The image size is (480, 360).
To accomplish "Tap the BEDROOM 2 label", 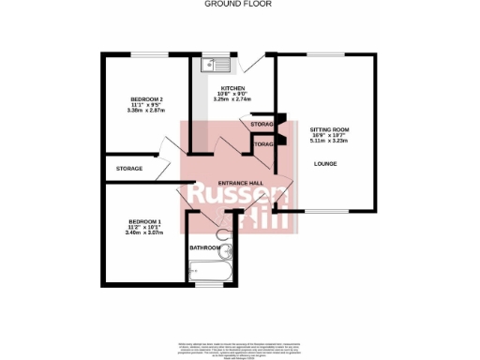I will pos(147,98).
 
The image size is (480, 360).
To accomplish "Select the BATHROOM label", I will pos(204,247).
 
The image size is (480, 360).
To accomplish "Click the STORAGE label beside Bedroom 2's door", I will pos(129,168).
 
